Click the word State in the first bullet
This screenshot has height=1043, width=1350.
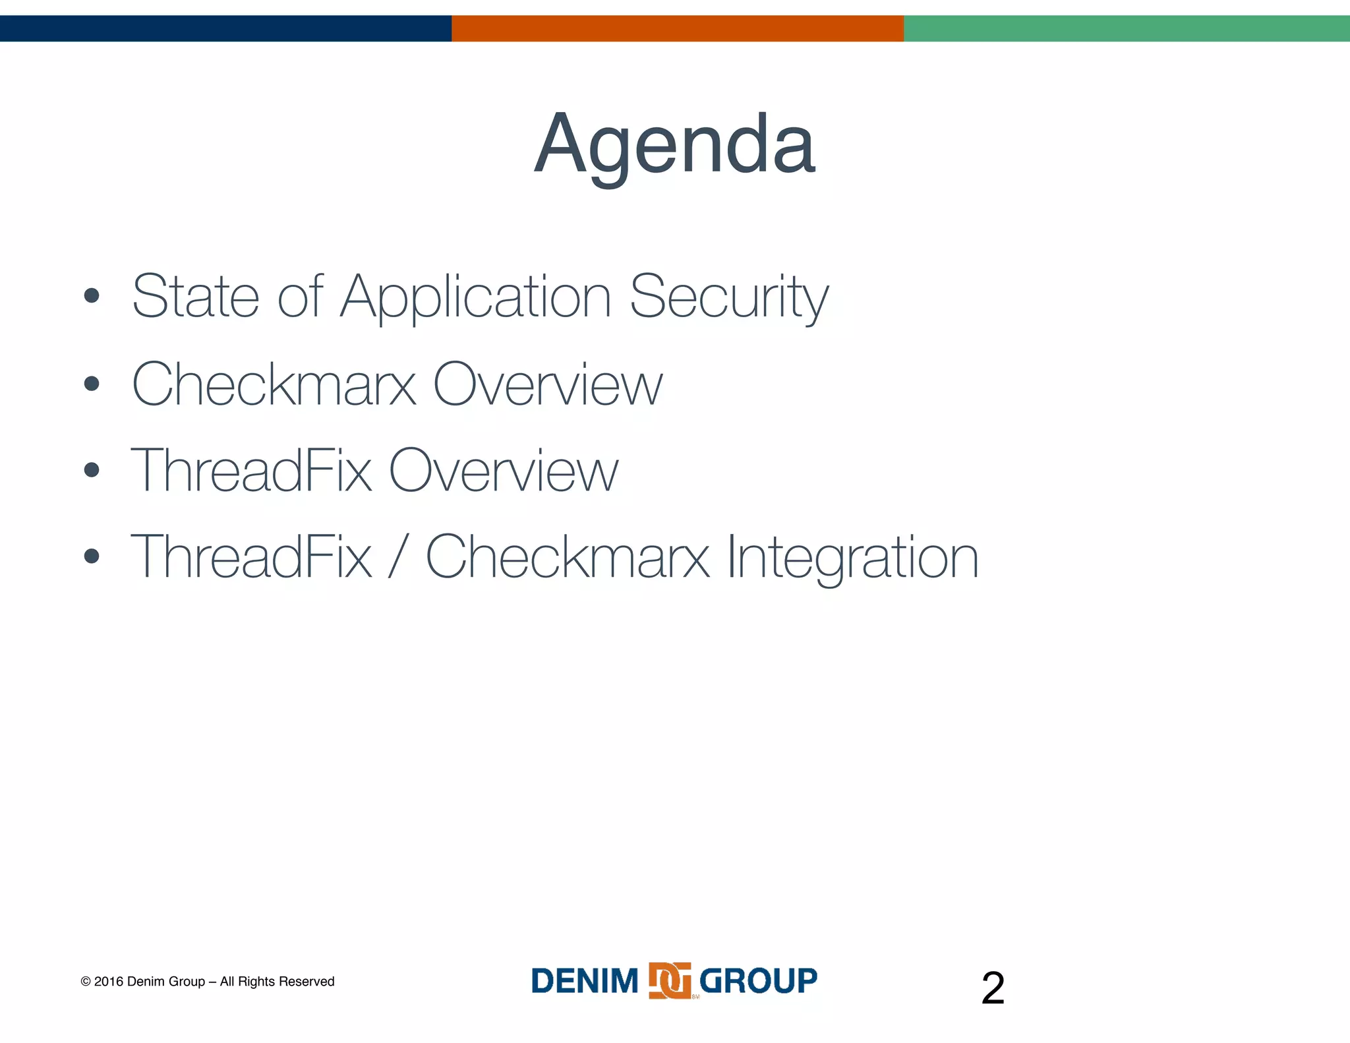(195, 297)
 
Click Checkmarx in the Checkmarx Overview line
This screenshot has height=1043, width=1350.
(274, 384)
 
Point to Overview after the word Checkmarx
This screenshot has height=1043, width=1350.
(548, 384)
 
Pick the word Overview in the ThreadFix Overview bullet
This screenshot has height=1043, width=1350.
(504, 471)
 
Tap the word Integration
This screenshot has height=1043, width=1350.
(852, 558)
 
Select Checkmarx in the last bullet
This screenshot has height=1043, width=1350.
(568, 557)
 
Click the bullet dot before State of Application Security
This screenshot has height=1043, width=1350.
(92, 296)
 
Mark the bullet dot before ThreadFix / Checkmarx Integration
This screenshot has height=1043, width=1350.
(92, 556)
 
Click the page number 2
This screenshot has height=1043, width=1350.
(993, 988)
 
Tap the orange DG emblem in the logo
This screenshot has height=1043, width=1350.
(670, 980)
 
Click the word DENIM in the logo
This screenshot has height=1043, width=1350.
(585, 980)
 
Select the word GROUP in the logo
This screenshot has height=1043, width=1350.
(758, 980)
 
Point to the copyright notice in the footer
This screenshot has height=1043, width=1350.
(208, 982)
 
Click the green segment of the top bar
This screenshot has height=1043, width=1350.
(1127, 28)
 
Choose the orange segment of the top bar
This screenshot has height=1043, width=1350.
(678, 28)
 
